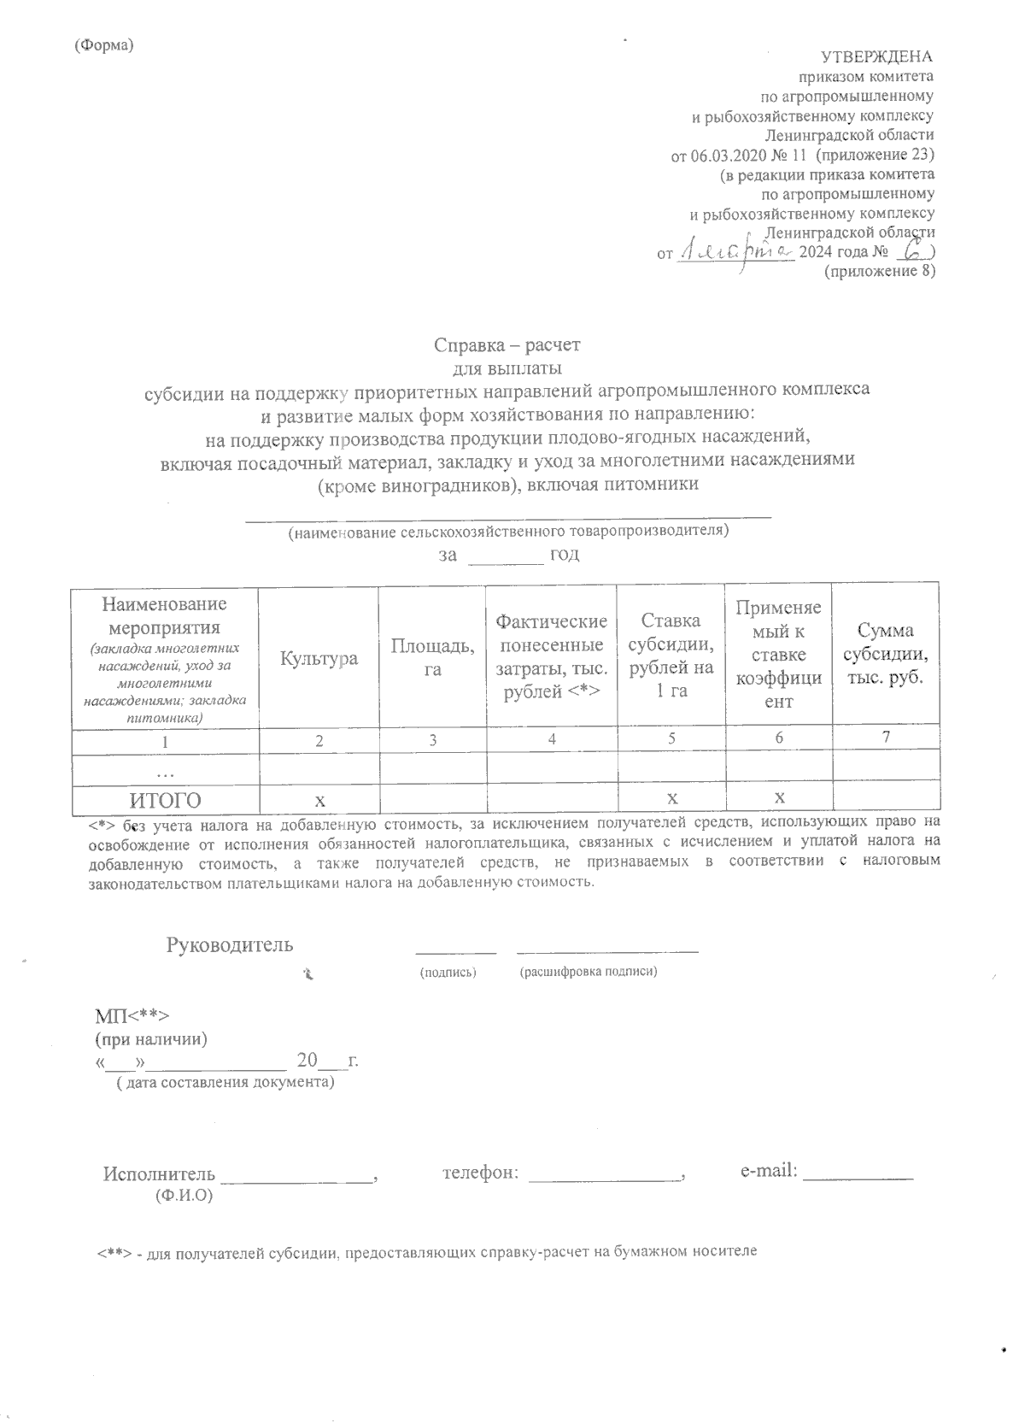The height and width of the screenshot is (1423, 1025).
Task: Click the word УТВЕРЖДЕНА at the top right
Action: click(876, 57)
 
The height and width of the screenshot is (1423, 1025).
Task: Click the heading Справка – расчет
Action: click(507, 345)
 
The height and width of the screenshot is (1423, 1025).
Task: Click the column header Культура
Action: click(318, 659)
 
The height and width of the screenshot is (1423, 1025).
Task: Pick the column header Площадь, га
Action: click(432, 657)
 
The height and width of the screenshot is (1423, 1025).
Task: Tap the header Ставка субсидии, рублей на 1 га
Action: click(671, 656)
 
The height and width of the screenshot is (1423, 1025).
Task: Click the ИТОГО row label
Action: click(165, 801)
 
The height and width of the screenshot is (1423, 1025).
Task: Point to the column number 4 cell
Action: click(552, 740)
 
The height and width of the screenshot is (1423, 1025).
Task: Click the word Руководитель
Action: click(229, 944)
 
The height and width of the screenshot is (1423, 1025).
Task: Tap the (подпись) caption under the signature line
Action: click(448, 973)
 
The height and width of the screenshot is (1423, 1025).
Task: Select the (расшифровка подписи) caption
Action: click(588, 973)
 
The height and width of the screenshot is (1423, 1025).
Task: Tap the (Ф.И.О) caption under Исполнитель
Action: click(183, 1196)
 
